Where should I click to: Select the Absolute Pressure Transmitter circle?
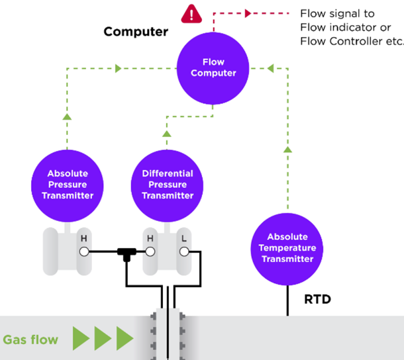click(68, 184)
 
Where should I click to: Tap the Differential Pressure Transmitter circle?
click(168, 184)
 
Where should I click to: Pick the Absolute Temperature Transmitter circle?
click(287, 247)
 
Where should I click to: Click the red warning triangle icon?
click(192, 13)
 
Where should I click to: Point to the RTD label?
click(317, 300)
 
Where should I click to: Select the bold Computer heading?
click(136, 32)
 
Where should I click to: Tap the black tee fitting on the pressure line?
click(125, 253)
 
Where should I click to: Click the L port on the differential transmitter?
click(184, 251)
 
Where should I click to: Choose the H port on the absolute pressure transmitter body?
click(83, 251)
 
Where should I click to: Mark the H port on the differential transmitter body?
click(150, 251)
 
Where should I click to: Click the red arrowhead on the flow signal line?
click(248, 13)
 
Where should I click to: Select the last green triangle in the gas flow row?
click(125, 338)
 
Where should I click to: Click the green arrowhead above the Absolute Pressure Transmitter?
click(67, 117)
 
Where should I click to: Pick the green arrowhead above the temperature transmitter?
click(287, 150)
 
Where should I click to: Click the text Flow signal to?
click(337, 13)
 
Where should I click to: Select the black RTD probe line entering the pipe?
click(287, 302)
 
